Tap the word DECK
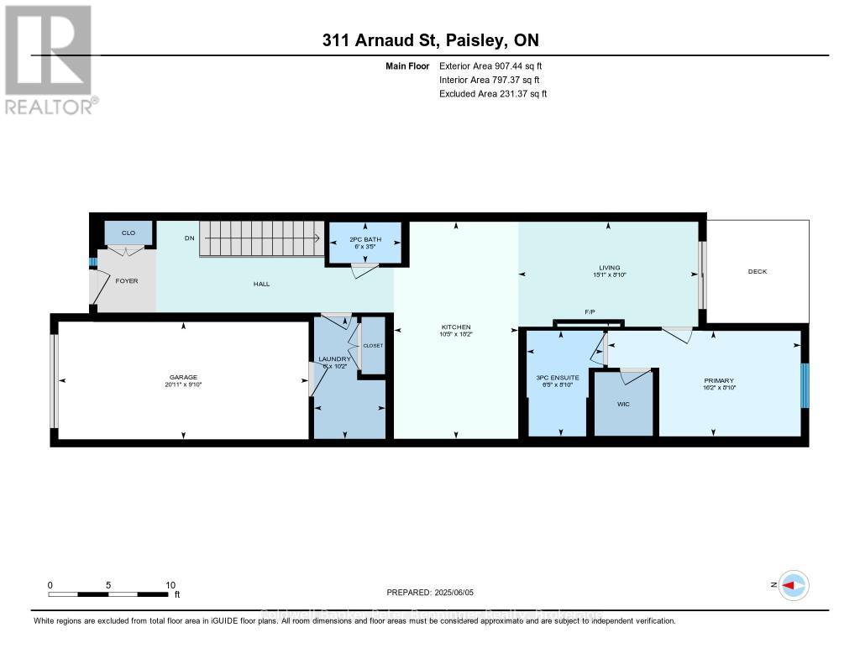[758, 271]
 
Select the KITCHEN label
[456, 327]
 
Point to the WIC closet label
[623, 404]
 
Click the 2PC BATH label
[364, 239]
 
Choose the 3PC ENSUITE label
[558, 378]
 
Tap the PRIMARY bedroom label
[719, 380]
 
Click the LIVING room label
[610, 268]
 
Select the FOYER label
[126, 281]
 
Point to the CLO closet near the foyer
[128, 233]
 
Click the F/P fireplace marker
[590, 312]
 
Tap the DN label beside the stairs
[190, 238]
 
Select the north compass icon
[793, 585]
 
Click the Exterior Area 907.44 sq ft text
[496, 65]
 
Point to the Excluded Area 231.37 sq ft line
[493, 94]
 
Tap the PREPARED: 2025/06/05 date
[431, 592]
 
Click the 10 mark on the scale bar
[170, 585]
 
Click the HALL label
[261, 285]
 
